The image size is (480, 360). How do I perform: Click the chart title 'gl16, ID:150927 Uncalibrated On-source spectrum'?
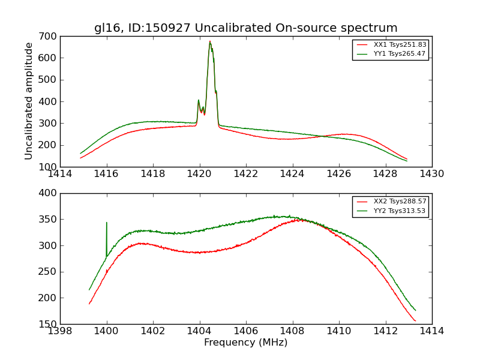click(x=246, y=28)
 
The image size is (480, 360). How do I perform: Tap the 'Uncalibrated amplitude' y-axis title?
click(x=29, y=101)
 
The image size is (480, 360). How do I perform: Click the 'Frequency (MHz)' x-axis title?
click(x=246, y=343)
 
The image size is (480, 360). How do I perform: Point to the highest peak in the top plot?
click(x=210, y=41)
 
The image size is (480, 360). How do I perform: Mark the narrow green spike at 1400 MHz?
click(x=107, y=223)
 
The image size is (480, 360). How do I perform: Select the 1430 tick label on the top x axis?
click(x=432, y=174)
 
